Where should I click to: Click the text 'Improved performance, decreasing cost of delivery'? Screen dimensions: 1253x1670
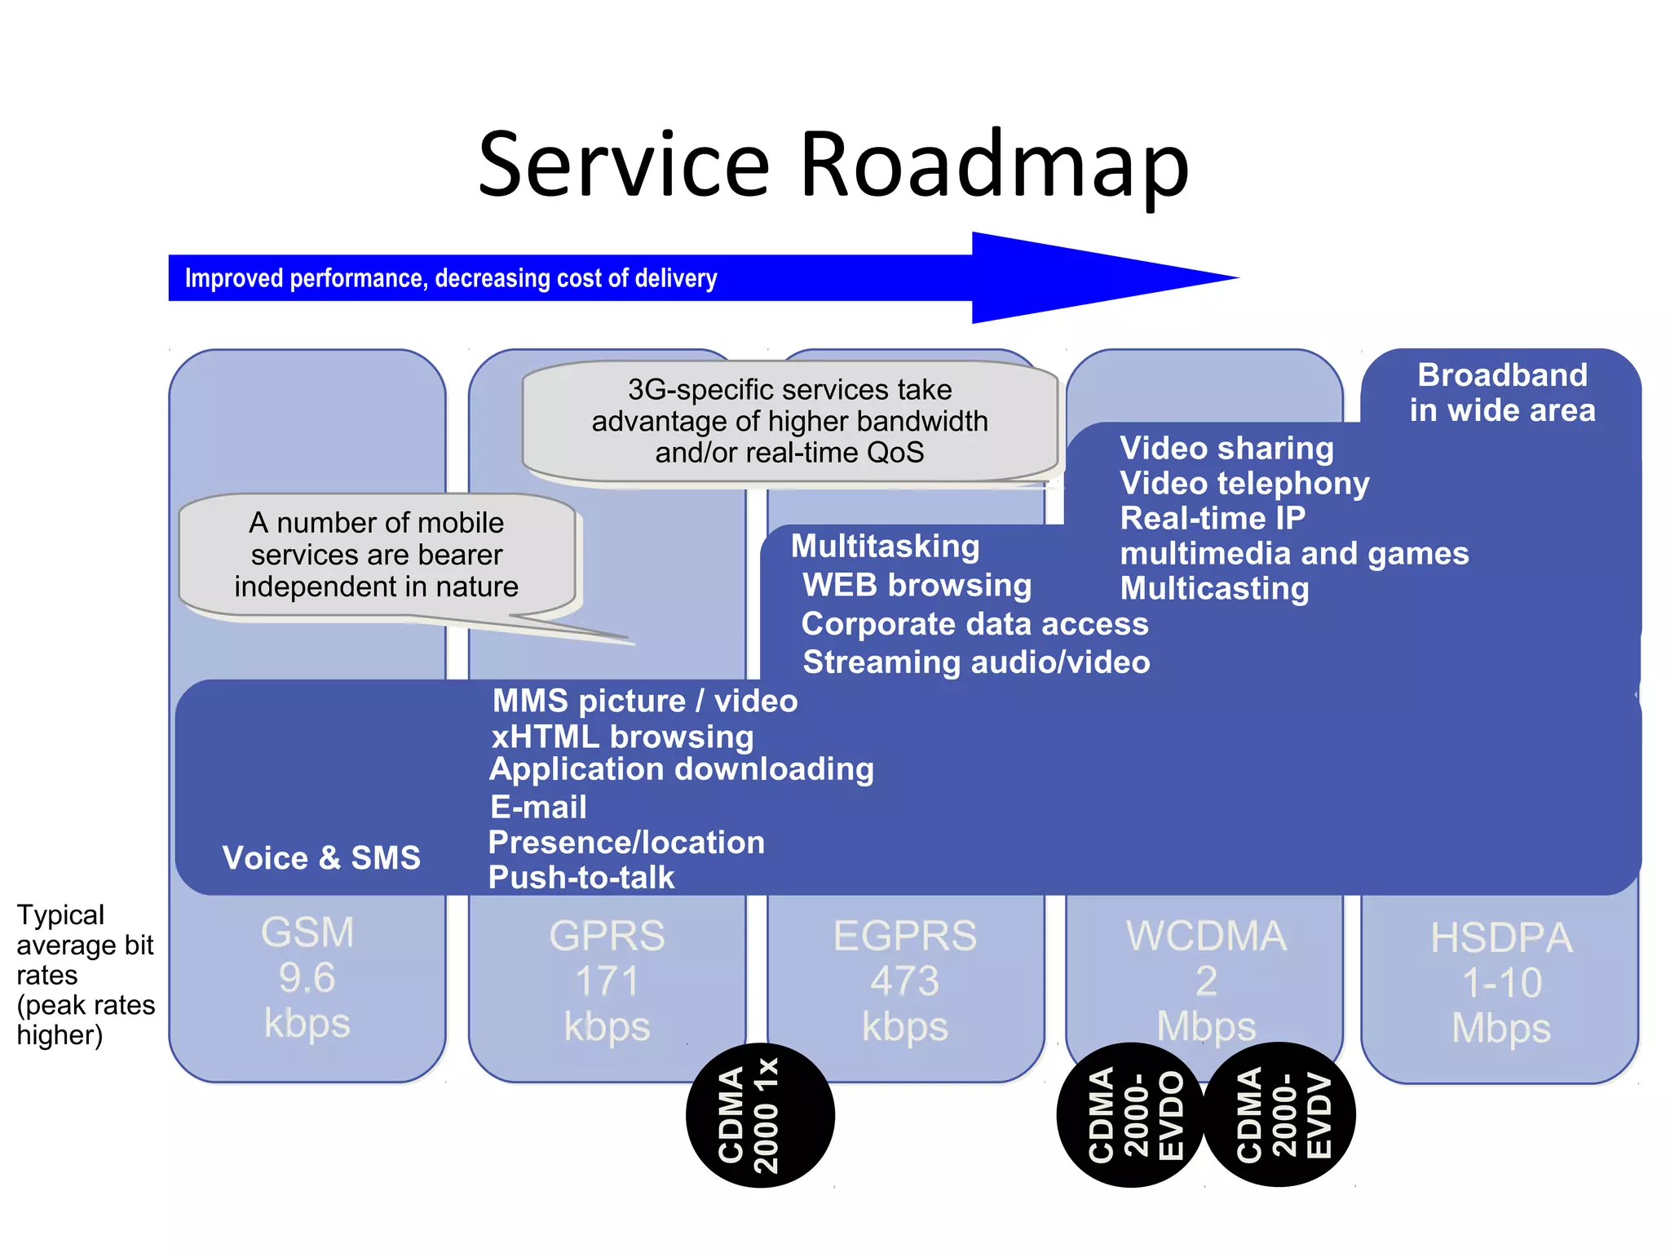pyautogui.click(x=451, y=278)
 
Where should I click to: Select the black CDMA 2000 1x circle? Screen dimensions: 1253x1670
pyautogui.click(x=760, y=1115)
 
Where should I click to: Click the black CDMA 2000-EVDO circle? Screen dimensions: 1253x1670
pyautogui.click(x=1129, y=1115)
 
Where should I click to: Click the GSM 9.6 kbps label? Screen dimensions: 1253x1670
pyautogui.click(x=307, y=977)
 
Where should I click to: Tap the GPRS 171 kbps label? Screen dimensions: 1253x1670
pyautogui.click(x=607, y=981)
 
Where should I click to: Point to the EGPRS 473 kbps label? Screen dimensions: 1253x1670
pyautogui.click(x=905, y=981)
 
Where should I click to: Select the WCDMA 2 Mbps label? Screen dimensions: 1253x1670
pyautogui.click(x=1206, y=981)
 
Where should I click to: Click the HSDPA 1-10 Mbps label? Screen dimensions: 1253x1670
pyautogui.click(x=1501, y=983)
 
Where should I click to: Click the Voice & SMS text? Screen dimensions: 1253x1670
pyautogui.click(x=321, y=858)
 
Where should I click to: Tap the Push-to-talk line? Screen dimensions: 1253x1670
pyautogui.click(x=581, y=878)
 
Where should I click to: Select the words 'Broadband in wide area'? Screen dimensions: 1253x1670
pyautogui.click(x=1502, y=392)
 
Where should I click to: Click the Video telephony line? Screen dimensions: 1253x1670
pyautogui.click(x=1244, y=484)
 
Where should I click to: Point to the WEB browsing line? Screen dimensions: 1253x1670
pyautogui.click(x=917, y=585)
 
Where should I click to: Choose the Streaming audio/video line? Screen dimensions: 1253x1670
pyautogui.click(x=976, y=662)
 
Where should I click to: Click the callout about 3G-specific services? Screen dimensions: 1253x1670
pyautogui.click(x=789, y=421)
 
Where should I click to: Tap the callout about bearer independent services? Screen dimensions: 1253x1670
pyautogui.click(x=376, y=555)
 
